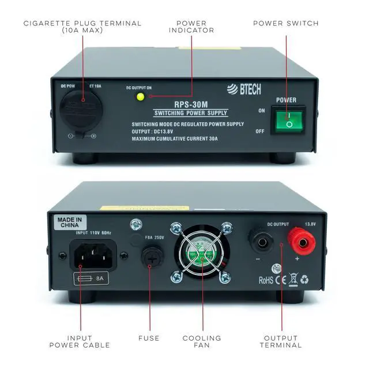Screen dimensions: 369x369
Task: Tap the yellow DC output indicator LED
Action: [140, 96]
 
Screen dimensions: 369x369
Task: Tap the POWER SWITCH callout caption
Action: [286, 24]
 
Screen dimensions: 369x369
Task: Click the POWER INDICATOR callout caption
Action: [187, 27]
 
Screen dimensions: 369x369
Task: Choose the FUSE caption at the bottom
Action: [149, 338]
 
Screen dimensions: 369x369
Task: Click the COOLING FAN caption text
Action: [201, 341]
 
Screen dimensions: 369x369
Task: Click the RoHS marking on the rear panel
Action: [266, 280]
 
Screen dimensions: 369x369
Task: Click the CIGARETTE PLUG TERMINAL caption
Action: [82, 27]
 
